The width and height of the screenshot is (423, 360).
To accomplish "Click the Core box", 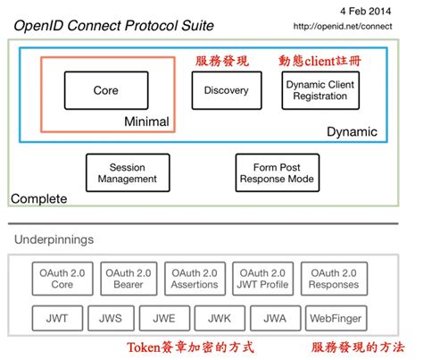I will coord(105,91).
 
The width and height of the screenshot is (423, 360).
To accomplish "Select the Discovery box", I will coord(227,91).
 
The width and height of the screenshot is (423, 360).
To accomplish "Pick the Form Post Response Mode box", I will coord(278,172).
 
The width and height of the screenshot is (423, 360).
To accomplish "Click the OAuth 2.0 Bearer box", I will coord(127,279).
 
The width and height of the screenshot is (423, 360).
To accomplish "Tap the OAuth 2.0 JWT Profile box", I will coord(261,279).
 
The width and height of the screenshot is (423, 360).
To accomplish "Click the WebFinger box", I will coord(331,316).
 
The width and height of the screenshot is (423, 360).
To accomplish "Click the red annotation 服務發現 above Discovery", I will coord(223,61).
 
